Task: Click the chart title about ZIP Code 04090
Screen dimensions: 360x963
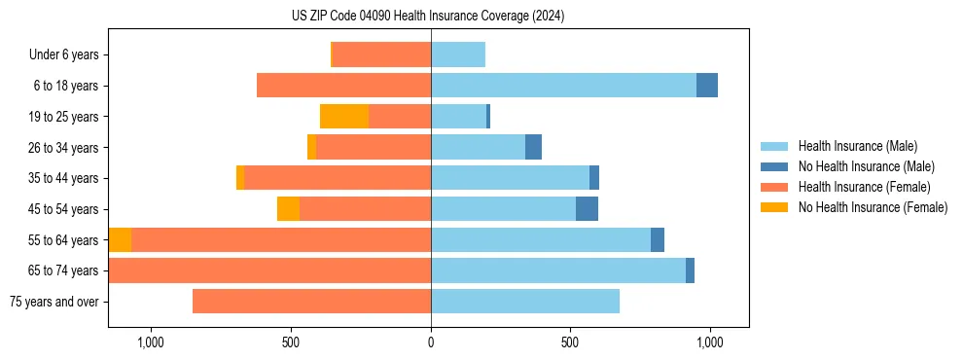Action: [427, 17]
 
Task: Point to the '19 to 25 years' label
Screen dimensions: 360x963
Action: [65, 117]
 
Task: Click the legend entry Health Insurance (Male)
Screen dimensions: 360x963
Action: [856, 146]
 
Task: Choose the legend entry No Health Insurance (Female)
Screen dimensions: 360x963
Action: [872, 207]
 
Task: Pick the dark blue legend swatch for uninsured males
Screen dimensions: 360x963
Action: [774, 166]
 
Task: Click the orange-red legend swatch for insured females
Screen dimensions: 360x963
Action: [774, 187]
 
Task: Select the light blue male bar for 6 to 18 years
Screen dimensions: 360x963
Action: [563, 86]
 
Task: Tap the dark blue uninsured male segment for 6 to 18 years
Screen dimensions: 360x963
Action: [707, 86]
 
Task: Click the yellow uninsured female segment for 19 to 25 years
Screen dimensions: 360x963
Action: [344, 117]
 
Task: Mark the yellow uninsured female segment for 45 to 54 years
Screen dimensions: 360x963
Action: [288, 209]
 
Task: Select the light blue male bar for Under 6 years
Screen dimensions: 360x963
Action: [458, 54]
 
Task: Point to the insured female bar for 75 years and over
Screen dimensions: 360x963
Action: [311, 302]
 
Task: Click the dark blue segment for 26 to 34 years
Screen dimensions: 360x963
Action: [533, 147]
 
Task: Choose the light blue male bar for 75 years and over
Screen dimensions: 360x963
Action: [525, 302]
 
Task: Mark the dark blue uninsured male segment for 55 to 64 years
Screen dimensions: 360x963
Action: [658, 239]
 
